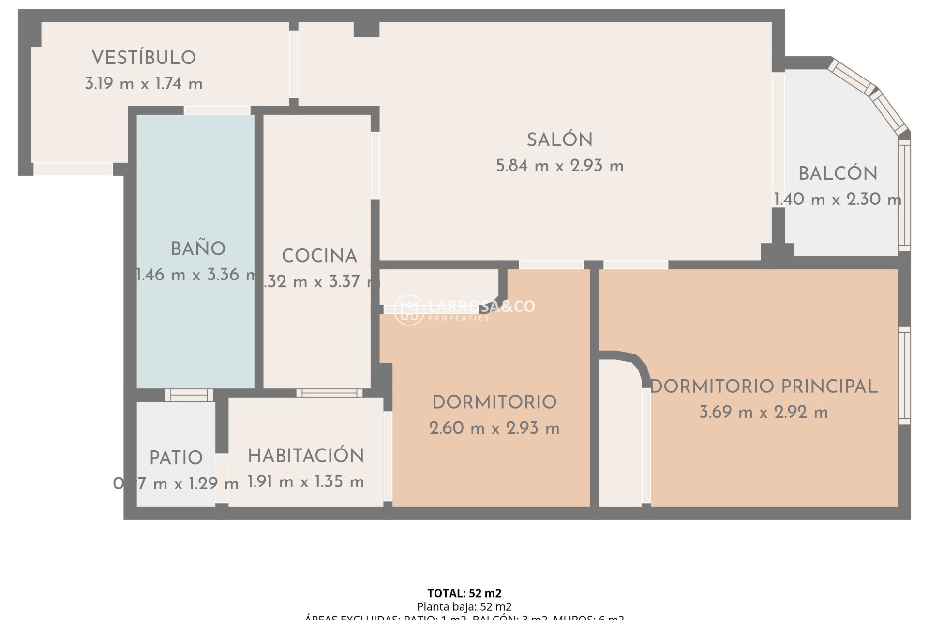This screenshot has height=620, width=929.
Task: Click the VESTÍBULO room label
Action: [x=144, y=58]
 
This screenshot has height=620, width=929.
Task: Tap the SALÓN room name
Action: [x=559, y=140]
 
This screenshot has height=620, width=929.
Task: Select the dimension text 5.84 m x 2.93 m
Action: [x=559, y=166]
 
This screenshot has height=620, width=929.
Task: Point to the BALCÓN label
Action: [x=838, y=174]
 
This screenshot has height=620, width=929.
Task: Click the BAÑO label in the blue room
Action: [x=198, y=249]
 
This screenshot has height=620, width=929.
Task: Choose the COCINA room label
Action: [x=319, y=256]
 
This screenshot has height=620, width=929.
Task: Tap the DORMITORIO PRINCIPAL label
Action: [x=764, y=387]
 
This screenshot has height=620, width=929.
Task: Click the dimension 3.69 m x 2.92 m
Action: [x=764, y=412]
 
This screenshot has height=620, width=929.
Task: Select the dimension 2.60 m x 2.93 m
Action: [x=494, y=428]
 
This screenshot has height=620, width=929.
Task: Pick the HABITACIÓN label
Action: [x=306, y=456]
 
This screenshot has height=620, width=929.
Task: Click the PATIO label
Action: [x=176, y=458]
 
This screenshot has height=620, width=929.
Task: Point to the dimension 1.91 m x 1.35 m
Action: [x=306, y=482]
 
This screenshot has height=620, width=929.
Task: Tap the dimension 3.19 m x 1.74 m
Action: [x=144, y=84]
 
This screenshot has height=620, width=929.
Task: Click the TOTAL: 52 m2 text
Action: [x=464, y=593]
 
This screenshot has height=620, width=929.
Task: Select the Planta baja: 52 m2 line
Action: [x=464, y=606]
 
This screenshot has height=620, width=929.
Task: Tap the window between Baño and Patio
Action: [x=189, y=395]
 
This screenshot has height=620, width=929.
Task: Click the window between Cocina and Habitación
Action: [x=329, y=393]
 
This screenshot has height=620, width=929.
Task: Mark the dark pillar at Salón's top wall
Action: [x=366, y=29]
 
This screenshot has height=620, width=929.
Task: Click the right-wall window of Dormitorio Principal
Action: [x=904, y=375]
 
